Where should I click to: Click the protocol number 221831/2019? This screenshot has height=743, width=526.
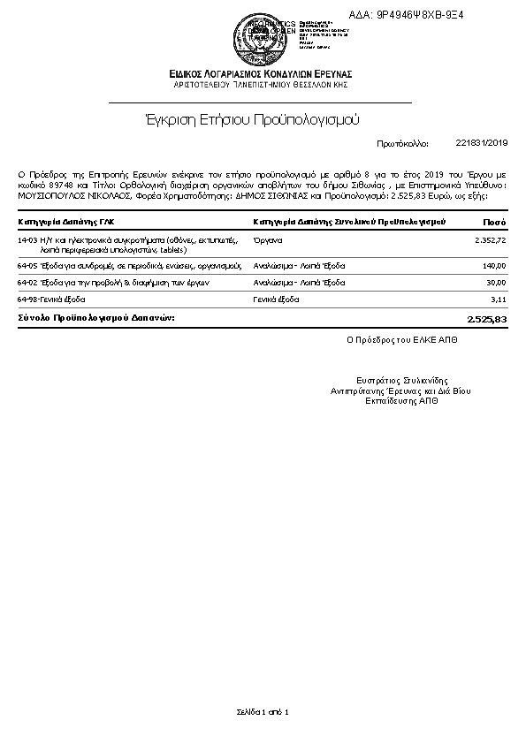[481, 142]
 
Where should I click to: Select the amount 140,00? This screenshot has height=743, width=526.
[493, 265]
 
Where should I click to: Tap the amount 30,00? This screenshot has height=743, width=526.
[496, 283]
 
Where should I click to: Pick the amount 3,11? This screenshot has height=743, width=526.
[498, 299]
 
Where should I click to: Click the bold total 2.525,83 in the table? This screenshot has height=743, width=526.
[486, 317]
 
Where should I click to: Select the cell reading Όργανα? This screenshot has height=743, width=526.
[268, 239]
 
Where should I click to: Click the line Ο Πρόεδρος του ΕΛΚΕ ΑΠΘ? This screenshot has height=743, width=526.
[390, 338]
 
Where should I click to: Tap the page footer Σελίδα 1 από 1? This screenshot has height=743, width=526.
[263, 711]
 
